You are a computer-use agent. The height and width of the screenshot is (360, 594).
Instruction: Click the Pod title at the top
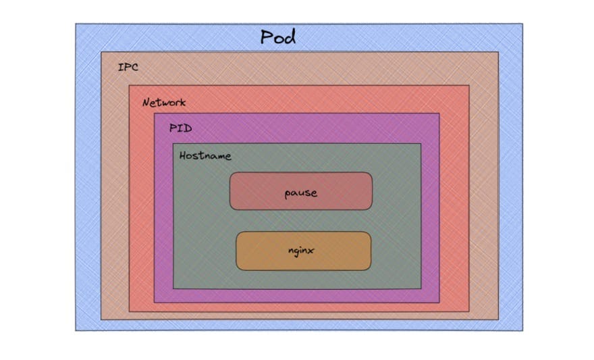278,37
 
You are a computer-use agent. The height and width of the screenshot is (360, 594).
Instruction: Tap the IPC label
128,68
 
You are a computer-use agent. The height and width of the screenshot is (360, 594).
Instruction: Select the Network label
163,103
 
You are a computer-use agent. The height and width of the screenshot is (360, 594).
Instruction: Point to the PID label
181,128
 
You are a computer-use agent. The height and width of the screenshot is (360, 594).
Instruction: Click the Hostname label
205,156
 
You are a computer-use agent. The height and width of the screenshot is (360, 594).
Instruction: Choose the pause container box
300,191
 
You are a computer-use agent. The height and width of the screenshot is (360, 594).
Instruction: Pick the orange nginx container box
303,251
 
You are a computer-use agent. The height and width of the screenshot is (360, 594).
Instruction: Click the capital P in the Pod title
267,37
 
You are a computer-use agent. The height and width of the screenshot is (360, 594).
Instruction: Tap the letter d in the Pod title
290,37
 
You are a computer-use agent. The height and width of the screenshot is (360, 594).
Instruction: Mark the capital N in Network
146,103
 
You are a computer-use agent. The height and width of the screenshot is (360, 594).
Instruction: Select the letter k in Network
182,103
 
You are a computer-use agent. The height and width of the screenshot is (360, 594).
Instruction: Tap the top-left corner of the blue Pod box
76,24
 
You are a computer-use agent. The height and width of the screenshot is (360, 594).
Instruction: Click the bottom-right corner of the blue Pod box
522,330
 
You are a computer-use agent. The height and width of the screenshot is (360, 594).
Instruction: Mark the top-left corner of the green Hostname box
173,144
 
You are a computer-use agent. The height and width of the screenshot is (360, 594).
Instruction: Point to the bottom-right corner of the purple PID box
439,303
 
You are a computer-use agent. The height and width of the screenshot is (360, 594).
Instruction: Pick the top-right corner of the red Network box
469,86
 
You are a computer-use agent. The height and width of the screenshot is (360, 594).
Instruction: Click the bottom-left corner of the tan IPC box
101,319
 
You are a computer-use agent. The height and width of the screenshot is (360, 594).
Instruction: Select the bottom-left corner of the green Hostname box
173,288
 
